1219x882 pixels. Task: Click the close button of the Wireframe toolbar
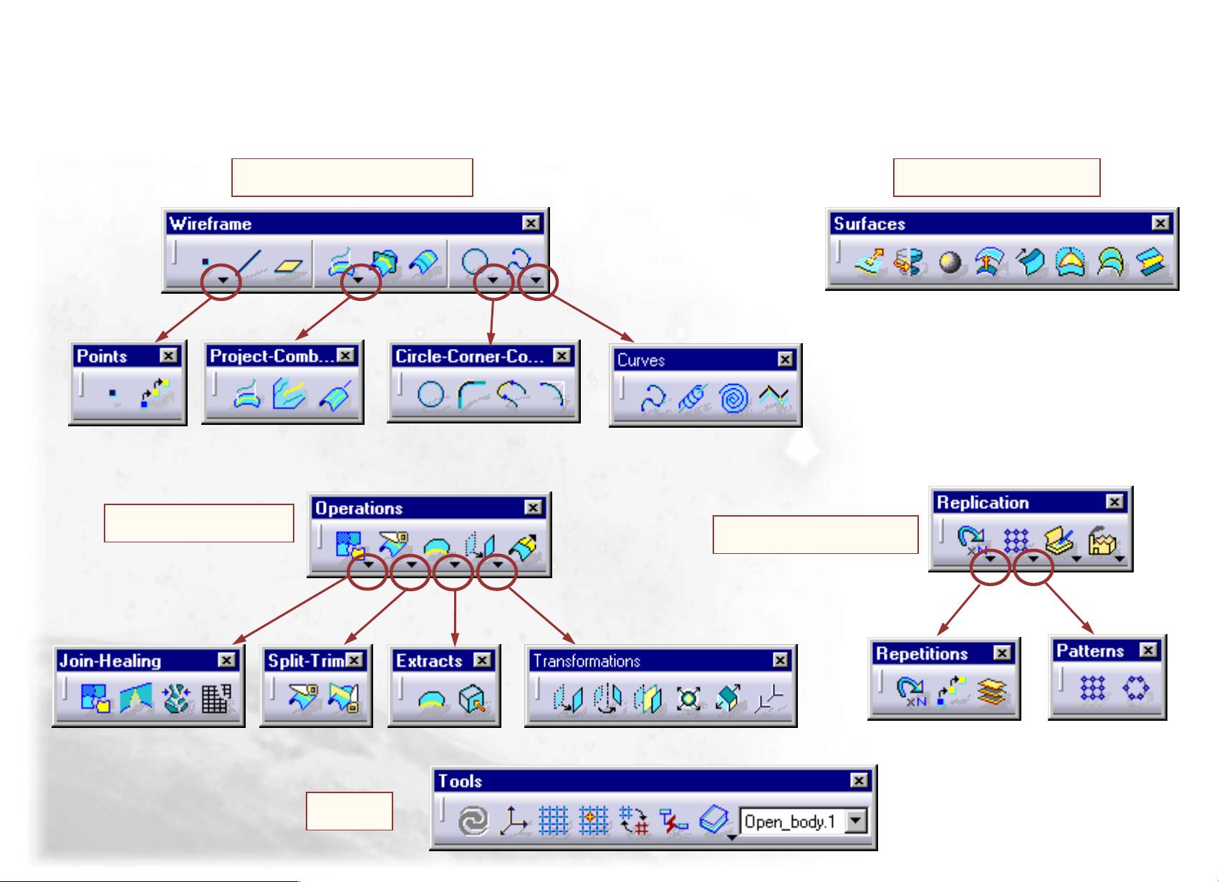531,224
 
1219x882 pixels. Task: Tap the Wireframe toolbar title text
211,224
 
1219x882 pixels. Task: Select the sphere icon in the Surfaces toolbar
950,262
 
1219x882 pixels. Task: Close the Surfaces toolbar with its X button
1161,224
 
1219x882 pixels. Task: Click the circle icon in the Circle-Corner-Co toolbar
430,394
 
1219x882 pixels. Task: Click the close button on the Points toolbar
168,355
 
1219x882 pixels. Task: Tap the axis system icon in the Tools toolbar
513,820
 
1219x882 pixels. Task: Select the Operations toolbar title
360,508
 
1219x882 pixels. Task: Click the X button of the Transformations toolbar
781,660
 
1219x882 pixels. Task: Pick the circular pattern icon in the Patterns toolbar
1136,689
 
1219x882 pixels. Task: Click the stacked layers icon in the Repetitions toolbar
992,692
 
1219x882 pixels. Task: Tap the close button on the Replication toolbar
1115,502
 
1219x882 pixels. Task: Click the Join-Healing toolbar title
110,661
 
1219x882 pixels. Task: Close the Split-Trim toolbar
355,660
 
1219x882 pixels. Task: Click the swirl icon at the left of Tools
473,820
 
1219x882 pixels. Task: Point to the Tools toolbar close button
859,781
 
